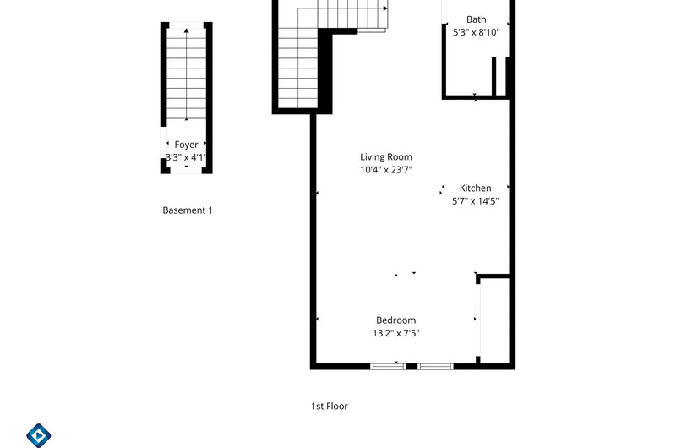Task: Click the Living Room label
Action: click(x=386, y=157)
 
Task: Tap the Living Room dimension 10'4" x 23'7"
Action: click(x=386, y=169)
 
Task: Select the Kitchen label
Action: click(x=475, y=188)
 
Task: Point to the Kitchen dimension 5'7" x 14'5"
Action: click(x=475, y=201)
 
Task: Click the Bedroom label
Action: click(x=395, y=320)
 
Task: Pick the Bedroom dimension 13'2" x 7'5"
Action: click(x=395, y=333)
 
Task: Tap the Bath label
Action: click(x=477, y=19)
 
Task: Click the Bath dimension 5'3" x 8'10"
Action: click(x=477, y=32)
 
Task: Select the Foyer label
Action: click(x=186, y=145)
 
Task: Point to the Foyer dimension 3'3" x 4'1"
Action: click(x=186, y=157)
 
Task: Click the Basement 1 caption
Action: click(x=188, y=210)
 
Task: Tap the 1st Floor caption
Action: click(x=330, y=407)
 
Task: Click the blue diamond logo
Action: click(x=39, y=435)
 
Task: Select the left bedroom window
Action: click(x=388, y=367)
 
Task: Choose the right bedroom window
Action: click(x=435, y=367)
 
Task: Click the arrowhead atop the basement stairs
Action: click(x=186, y=30)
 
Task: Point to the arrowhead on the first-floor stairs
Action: click(x=385, y=8)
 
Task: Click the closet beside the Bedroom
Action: click(x=495, y=320)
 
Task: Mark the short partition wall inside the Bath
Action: click(x=494, y=76)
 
